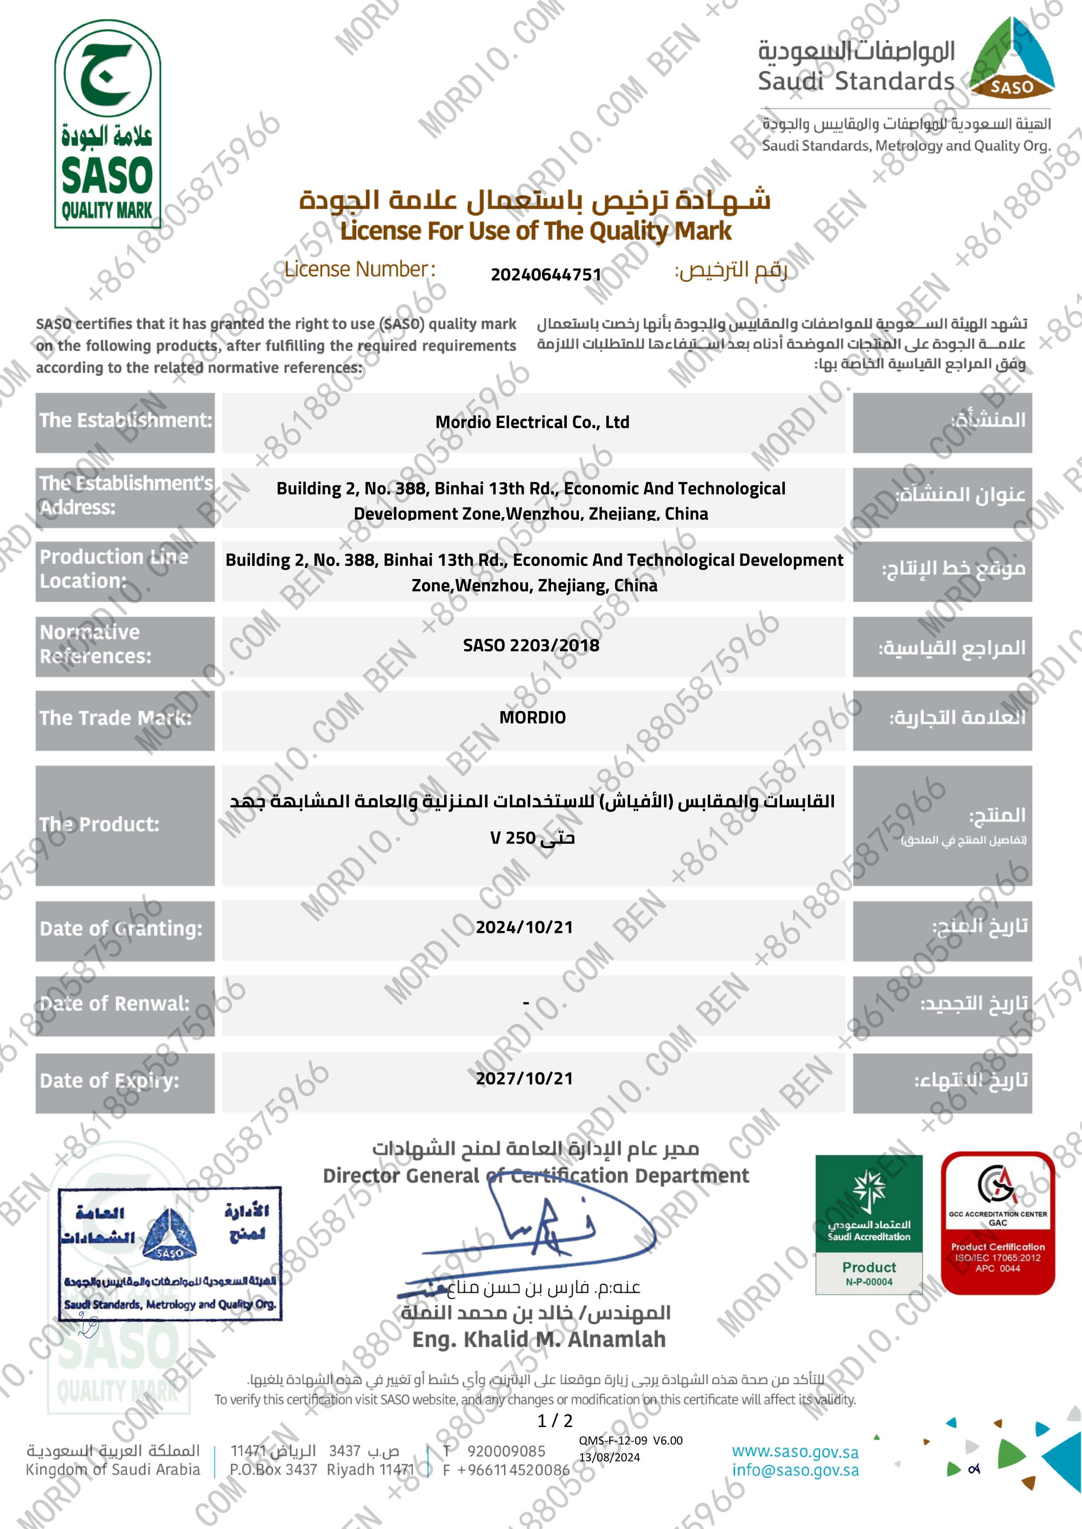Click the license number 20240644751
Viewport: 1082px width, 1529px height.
(546, 275)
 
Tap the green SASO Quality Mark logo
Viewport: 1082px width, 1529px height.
(107, 124)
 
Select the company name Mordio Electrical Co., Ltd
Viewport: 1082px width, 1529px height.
(532, 422)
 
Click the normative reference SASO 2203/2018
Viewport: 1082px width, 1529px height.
(531, 645)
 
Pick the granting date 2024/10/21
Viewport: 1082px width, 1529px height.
(524, 928)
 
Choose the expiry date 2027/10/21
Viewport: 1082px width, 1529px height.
(524, 1079)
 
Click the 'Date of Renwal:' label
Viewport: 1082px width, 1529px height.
(114, 1004)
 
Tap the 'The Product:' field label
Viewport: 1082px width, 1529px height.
(100, 824)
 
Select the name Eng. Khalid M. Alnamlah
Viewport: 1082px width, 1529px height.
(539, 1339)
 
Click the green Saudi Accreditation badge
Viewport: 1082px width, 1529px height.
(869, 1224)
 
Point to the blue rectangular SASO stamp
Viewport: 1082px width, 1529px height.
(170, 1253)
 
